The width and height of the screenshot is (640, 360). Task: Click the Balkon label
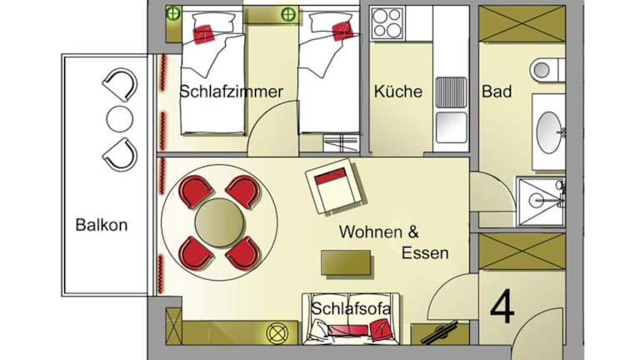(102, 225)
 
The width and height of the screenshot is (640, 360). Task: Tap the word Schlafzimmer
(231, 92)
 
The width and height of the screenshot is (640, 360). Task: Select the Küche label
(398, 92)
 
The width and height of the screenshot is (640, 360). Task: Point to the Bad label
(497, 92)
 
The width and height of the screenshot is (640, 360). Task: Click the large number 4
(502, 306)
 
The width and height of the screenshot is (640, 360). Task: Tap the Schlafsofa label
(351, 308)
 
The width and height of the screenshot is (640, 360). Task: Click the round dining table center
(220, 222)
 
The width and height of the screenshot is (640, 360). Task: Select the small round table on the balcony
(120, 119)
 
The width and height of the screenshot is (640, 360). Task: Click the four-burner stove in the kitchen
(387, 23)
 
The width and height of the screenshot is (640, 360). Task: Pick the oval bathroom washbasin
(548, 132)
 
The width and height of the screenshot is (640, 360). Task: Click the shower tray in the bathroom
(541, 201)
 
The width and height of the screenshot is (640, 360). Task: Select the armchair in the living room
(336, 186)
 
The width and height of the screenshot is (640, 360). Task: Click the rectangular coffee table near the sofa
(346, 262)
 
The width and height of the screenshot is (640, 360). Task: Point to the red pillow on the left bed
(203, 34)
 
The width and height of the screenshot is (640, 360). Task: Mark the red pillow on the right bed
(342, 32)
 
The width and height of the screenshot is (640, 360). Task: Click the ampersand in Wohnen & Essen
(413, 232)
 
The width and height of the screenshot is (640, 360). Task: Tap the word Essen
(425, 253)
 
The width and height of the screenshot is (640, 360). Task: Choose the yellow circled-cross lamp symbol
(277, 333)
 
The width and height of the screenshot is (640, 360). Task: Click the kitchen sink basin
(451, 127)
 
